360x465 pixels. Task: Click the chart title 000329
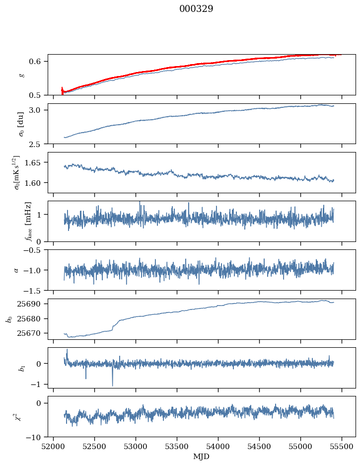click(196, 9)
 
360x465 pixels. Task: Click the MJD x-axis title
click(201, 456)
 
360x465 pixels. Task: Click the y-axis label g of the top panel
click(21, 75)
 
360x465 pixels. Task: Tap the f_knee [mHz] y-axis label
click(21, 221)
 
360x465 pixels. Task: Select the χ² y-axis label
click(21, 417)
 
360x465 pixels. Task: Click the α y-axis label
click(16, 270)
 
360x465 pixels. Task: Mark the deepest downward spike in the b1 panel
click(112, 386)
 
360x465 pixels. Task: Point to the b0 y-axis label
click(9, 318)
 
